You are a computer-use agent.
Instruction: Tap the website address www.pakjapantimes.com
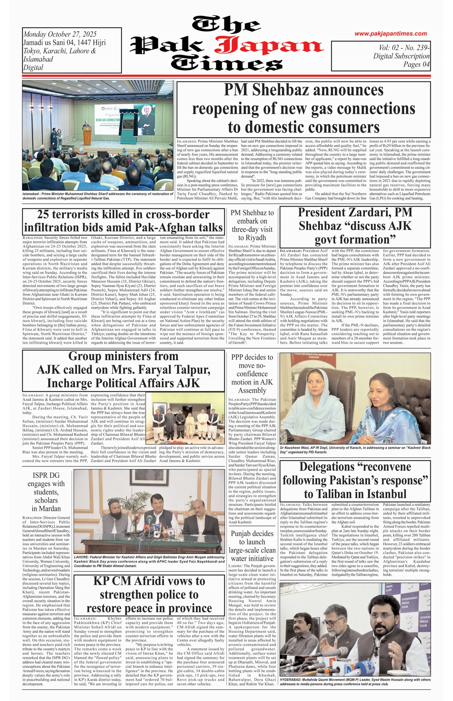390,34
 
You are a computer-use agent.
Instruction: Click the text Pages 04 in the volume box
416,64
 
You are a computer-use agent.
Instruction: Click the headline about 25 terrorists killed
123,221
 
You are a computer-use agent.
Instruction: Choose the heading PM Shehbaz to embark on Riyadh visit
252,225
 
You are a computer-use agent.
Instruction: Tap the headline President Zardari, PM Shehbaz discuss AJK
355,226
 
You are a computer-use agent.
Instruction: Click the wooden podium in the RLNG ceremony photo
87,136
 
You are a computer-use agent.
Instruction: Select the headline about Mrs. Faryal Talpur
123,370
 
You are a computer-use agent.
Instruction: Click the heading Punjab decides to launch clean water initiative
252,546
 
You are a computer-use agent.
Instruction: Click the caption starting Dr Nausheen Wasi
355,449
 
